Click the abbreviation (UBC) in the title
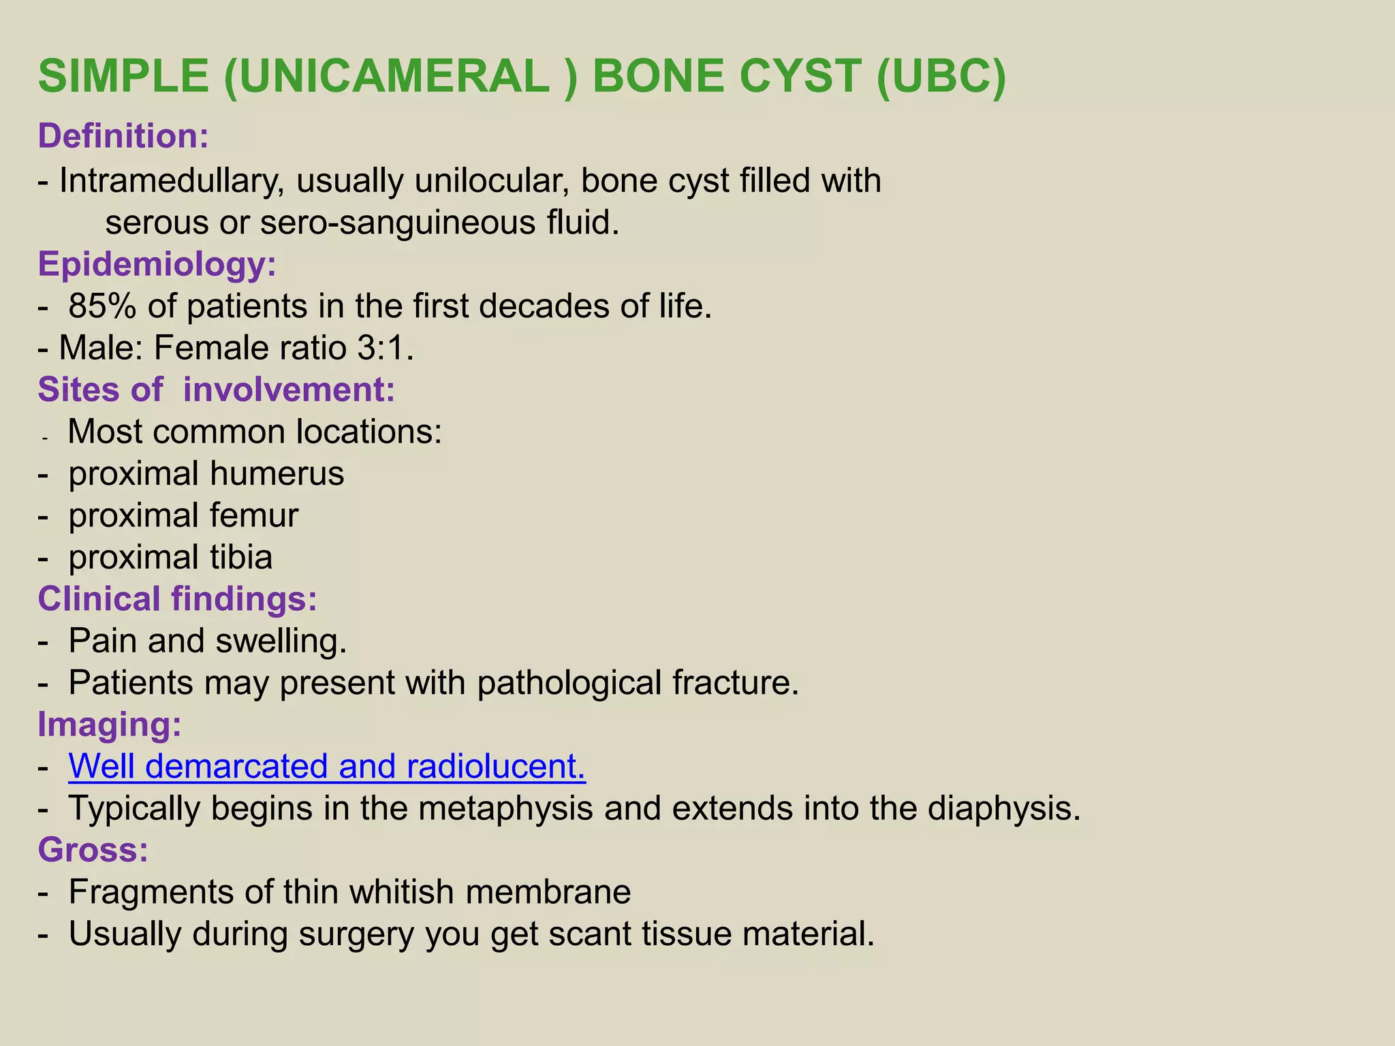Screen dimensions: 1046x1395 click(x=941, y=76)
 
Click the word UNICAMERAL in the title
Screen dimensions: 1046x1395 click(x=386, y=76)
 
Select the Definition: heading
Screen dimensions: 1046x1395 click(x=123, y=136)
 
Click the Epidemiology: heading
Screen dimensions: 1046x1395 click(x=157, y=264)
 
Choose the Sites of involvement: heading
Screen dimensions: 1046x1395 click(x=216, y=390)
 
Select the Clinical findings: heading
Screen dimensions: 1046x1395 click(x=177, y=599)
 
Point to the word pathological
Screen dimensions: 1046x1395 click(x=569, y=683)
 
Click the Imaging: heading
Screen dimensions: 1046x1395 click(x=110, y=725)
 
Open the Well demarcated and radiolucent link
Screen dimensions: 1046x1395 click(x=327, y=767)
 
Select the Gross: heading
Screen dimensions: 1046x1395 click(x=93, y=851)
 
